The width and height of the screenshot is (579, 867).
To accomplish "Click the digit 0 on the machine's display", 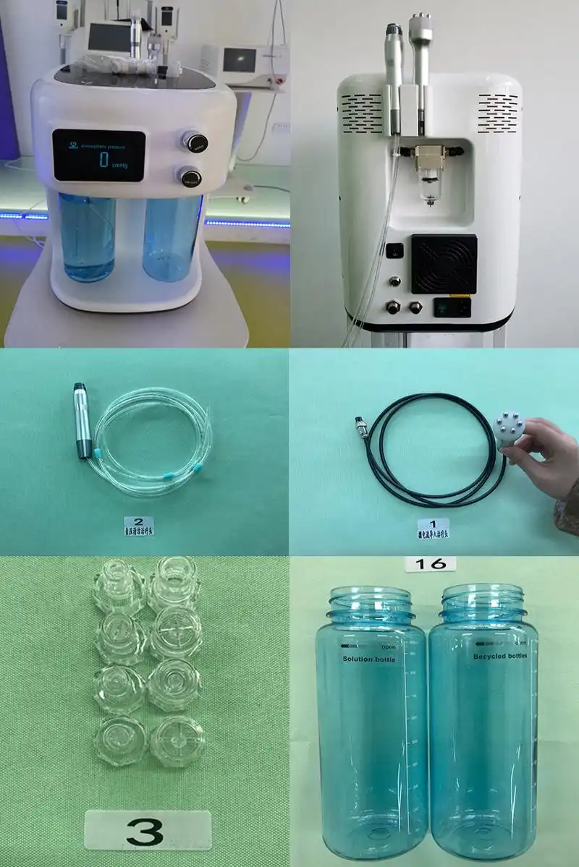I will click(103, 158).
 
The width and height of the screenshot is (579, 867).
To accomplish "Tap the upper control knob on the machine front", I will click(194, 141).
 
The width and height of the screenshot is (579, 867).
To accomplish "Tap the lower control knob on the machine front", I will click(190, 177).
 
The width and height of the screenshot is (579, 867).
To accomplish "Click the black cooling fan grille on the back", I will click(444, 264).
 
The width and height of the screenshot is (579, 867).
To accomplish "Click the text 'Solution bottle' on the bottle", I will click(370, 659).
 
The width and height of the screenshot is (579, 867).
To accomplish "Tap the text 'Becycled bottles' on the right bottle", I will click(502, 657).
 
